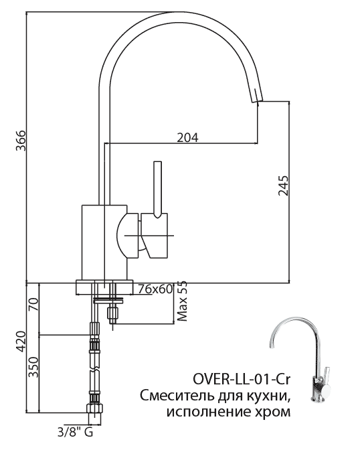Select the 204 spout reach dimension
point(187,137)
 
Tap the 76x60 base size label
point(155,289)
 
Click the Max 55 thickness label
point(182,301)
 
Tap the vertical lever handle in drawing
point(158,187)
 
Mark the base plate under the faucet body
point(104,285)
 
